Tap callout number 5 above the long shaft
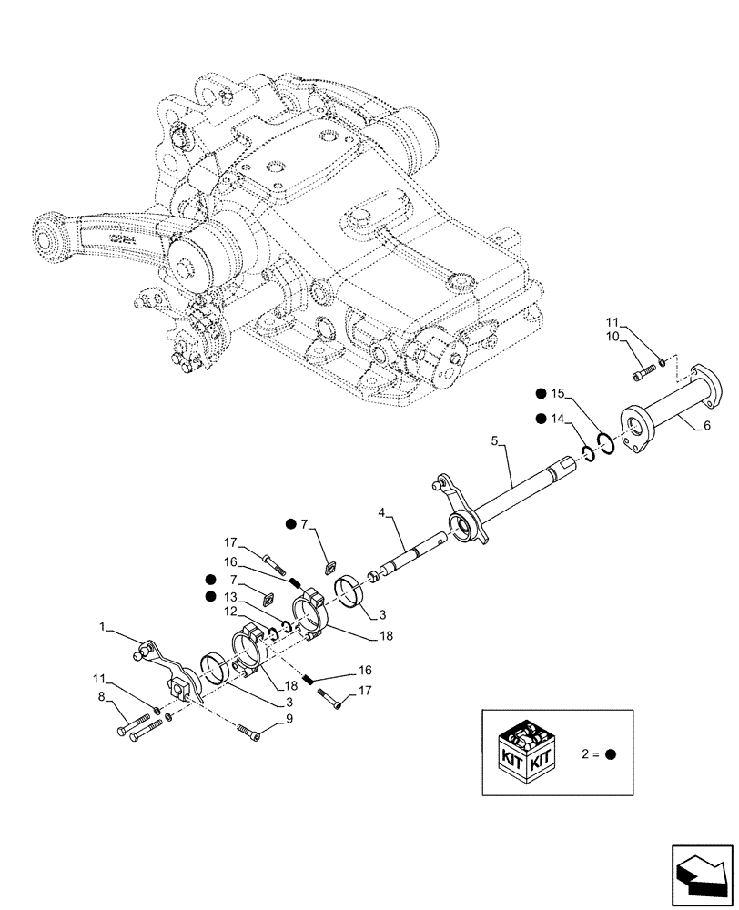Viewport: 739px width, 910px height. pos(495,440)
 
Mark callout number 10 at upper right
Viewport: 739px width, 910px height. pos(612,338)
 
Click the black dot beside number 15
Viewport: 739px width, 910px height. pos(541,393)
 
